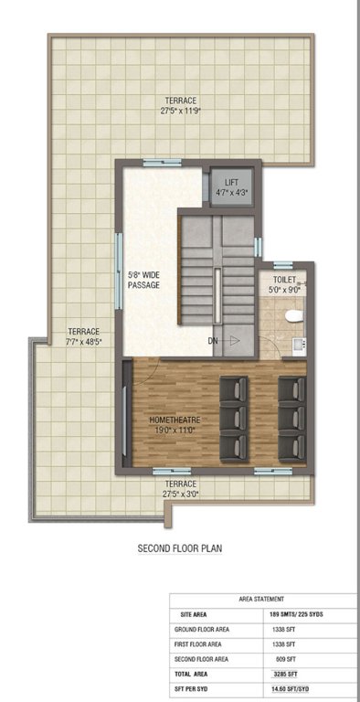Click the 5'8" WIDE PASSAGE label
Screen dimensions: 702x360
coord(143,279)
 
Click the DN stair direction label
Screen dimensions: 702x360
coord(213,340)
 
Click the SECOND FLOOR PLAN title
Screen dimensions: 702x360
coord(180,549)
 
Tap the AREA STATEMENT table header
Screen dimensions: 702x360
coord(260,600)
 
